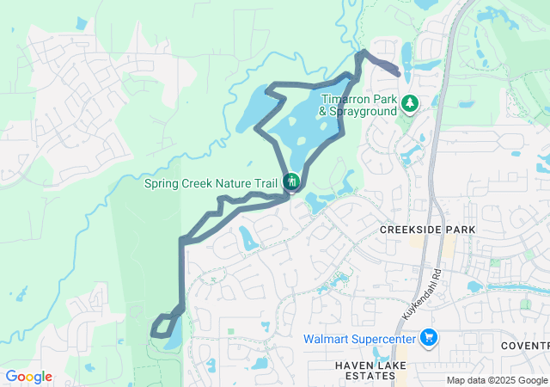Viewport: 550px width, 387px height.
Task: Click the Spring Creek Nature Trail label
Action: click(211, 182)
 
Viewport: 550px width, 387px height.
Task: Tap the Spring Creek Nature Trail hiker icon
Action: click(291, 181)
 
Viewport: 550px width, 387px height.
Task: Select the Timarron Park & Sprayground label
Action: click(358, 105)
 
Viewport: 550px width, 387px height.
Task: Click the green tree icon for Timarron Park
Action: click(411, 103)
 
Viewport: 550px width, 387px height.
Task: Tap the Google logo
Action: click(28, 377)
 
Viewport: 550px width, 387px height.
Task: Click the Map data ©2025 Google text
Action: click(497, 380)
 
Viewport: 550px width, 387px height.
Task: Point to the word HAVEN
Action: click(353, 365)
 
